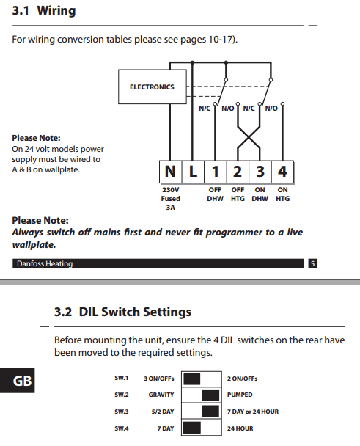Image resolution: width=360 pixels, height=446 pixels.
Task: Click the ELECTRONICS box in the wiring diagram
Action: coord(152,87)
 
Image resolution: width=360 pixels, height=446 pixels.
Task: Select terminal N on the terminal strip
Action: coord(170,172)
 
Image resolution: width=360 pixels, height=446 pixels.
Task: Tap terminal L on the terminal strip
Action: coord(193,172)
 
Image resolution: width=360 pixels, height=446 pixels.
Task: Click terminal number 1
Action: coord(216,172)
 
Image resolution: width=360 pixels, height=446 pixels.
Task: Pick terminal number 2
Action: coord(238,172)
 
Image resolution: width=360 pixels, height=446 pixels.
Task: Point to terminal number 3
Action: coord(260,172)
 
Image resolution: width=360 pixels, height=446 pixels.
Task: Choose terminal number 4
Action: coord(282,172)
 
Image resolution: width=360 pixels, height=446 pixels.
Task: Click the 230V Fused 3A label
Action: coord(171,198)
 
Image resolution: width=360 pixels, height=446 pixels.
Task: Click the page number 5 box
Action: coord(312,263)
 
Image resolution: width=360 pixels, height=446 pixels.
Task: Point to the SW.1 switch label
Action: coord(121,379)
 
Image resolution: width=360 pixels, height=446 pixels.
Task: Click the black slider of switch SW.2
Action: coord(211,395)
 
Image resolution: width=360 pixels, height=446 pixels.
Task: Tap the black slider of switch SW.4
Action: coord(192,428)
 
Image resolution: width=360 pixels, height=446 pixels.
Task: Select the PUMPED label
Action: coord(240,395)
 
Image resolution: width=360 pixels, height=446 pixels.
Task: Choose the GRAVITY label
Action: coord(161,395)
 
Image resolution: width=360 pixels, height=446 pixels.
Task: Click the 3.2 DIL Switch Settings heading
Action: coord(122,312)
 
